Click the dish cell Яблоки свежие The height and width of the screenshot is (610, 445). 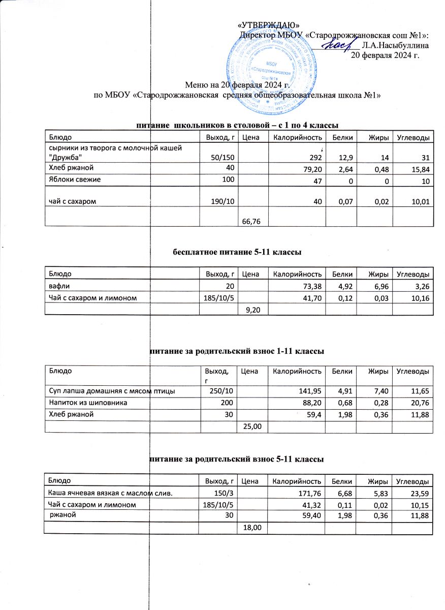75,179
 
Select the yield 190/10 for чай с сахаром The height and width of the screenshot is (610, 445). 223,202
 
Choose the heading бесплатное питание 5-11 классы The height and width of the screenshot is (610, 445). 237,252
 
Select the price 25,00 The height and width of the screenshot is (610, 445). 253,426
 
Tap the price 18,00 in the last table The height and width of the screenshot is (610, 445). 253,528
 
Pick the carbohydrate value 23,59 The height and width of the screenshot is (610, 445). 420,493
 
